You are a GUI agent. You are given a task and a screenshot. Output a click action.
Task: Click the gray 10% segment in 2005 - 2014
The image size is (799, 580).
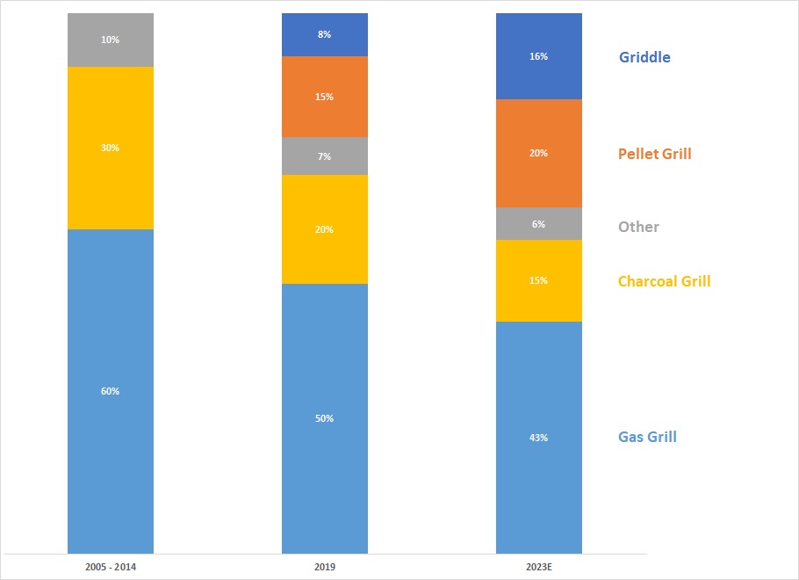tap(111, 40)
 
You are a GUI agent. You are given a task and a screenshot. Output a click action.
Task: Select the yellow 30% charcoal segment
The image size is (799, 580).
tap(111, 148)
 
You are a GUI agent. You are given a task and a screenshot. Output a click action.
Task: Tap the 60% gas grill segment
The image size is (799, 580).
tap(111, 391)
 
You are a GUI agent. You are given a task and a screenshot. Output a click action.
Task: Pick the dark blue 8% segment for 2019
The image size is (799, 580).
tap(325, 35)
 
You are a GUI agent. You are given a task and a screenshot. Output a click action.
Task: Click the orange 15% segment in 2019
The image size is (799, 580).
tap(325, 97)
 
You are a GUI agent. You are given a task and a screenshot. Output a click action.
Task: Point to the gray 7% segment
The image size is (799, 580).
tap(325, 156)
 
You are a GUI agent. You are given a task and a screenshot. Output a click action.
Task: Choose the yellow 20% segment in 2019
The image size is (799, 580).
tap(325, 229)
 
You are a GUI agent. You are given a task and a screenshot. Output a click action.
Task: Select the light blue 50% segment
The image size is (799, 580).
tap(325, 418)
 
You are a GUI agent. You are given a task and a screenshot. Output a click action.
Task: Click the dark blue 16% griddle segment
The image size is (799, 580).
tap(539, 56)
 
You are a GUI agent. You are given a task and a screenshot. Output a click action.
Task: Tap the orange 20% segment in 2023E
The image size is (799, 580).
tap(539, 153)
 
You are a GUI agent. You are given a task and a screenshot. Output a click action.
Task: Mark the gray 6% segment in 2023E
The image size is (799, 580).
tap(539, 224)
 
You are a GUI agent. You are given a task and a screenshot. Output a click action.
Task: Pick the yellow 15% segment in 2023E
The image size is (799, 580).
tap(539, 280)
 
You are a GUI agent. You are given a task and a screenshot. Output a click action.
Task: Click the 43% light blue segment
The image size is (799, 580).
tap(539, 437)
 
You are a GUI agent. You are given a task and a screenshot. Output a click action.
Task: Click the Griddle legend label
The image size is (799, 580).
tap(644, 58)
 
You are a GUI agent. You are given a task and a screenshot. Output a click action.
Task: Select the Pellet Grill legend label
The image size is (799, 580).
tap(654, 154)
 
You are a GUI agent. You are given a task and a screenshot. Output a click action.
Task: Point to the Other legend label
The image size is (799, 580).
tap(638, 227)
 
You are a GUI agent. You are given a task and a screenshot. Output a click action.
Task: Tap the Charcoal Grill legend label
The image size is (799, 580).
tap(664, 281)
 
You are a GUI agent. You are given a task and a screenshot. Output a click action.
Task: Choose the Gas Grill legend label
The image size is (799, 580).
tap(647, 437)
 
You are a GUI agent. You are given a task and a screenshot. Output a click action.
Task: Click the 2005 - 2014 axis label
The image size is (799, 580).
tap(111, 568)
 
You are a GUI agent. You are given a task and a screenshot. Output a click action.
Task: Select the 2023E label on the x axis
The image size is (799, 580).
tap(539, 568)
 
